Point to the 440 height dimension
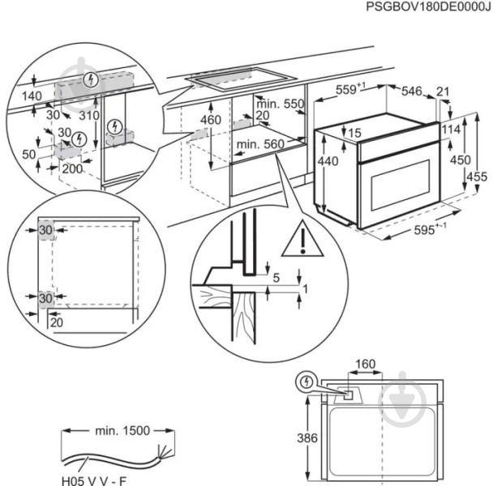pyautogui.click(x=328, y=162)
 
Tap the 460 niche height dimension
pyautogui.click(x=210, y=120)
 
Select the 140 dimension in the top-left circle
pyautogui.click(x=32, y=96)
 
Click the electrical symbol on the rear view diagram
pyautogui.click(x=306, y=382)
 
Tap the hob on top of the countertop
pyautogui.click(x=238, y=77)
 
